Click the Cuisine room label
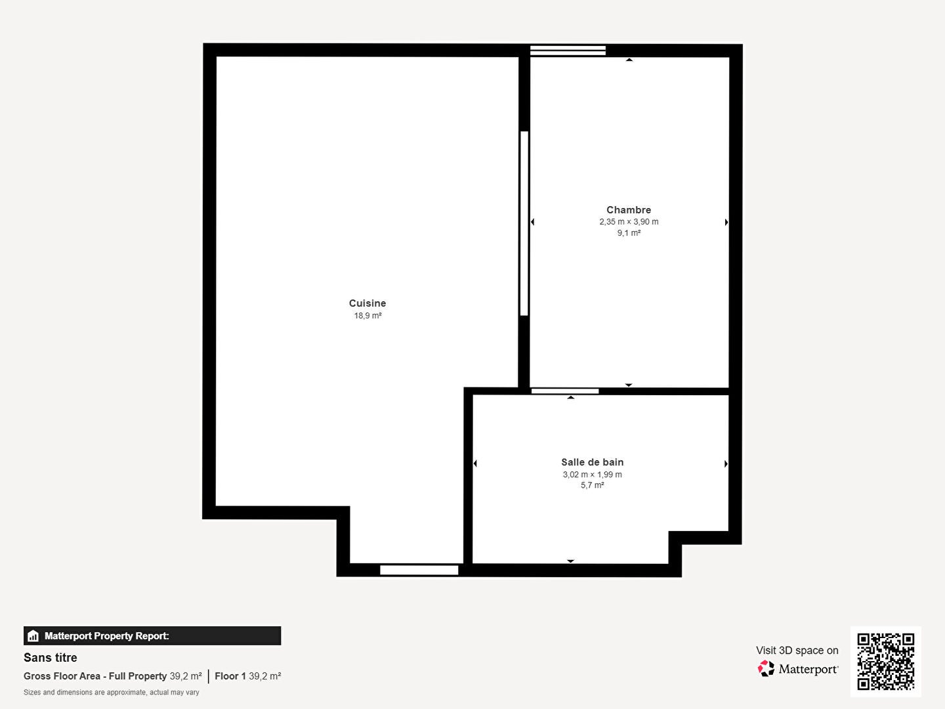pos(367,303)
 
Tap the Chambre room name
pos(629,209)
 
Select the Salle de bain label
pos(592,462)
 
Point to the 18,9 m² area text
pos(367,316)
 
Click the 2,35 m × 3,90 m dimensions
pos(629,222)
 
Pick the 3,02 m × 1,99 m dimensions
pos(592,475)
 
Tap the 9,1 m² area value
pos(629,233)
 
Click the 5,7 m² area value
pos(592,485)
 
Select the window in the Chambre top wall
pos(568,51)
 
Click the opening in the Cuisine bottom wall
pos(419,570)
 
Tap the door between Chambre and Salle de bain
pos(565,391)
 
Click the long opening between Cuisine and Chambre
pos(524,223)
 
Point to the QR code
pos(885,662)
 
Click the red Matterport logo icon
pos(766,668)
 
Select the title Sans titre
pos(51,657)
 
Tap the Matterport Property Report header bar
pos(152,636)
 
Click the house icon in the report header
pos(33,636)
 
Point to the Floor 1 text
pos(230,676)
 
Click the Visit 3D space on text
pos(797,651)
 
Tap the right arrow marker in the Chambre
pos(726,222)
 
